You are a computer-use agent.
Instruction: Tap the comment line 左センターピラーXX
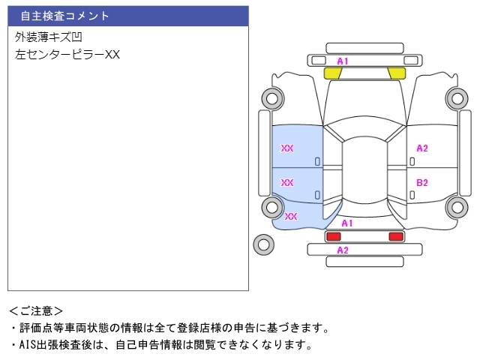coord(67,54)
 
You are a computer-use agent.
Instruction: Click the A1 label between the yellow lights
coord(343,61)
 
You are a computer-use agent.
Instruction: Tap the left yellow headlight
coord(333,73)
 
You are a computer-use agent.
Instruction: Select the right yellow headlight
coord(396,73)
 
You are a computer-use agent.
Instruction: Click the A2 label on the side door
coord(422,148)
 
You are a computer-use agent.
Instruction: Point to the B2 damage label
coord(422,182)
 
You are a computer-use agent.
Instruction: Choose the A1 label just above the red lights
coord(347,223)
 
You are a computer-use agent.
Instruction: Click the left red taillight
coord(333,237)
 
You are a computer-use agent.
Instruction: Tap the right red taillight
coord(395,237)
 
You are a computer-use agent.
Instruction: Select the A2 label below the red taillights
coord(343,250)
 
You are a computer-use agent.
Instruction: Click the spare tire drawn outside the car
coord(263,244)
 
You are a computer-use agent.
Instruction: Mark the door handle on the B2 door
coord(411,193)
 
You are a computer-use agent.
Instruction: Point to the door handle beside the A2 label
coord(411,160)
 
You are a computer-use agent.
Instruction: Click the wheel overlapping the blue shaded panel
coord(271,207)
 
